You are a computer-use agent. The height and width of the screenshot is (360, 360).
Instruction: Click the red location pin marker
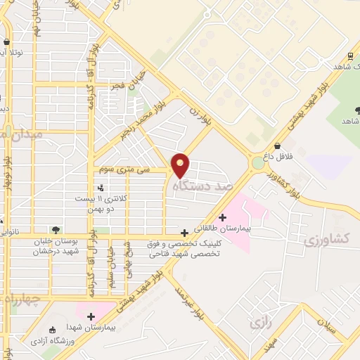pyautogui.click(x=181, y=164)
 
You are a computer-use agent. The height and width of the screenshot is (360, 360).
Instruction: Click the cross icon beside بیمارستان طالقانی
pyautogui.click(x=223, y=217)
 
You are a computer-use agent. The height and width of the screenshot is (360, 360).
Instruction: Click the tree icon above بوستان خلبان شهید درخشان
pyautogui.click(x=56, y=230)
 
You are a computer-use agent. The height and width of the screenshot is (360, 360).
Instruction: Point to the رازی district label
pyautogui.click(x=259, y=323)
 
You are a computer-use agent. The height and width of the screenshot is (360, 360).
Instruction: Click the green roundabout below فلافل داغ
pyautogui.click(x=258, y=163)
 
